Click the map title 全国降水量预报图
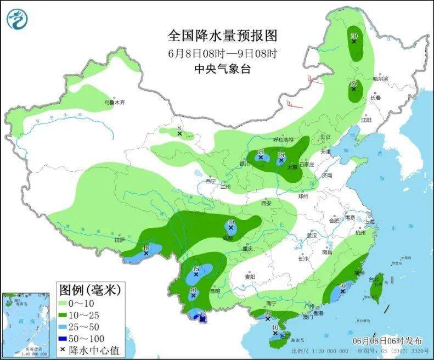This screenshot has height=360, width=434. coord(223,36)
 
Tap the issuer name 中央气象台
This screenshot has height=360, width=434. coord(223,69)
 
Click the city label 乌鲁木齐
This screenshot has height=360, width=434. coord(115,103)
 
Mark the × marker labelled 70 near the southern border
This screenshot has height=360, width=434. coord(202,318)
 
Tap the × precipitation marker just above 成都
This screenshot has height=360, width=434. coord(231,227)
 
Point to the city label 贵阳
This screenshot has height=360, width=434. coord(250,277)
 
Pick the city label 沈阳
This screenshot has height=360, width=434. coord(366,120)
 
